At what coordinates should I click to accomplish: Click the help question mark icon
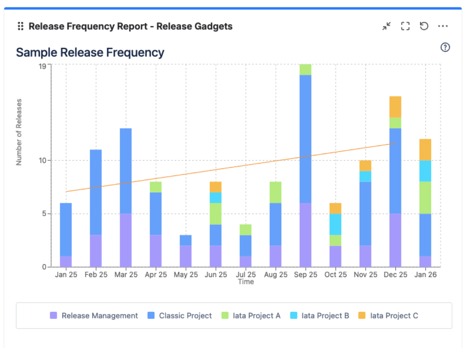click(445, 47)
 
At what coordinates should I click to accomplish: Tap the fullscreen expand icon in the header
click(405, 26)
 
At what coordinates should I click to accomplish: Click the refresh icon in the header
click(424, 26)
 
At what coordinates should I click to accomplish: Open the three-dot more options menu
click(443, 26)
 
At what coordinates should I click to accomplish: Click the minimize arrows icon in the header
click(387, 26)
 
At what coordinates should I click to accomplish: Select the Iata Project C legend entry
click(388, 316)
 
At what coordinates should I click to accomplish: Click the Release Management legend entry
click(94, 316)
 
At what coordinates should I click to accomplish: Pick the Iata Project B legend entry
click(319, 316)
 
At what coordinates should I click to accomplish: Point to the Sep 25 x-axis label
click(305, 275)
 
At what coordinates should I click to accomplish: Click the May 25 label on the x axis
click(186, 275)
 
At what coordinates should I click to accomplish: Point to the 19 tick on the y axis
click(42, 66)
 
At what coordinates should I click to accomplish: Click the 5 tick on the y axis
click(44, 214)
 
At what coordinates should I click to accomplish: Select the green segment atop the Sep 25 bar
click(305, 69)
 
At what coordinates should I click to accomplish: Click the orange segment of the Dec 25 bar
click(395, 107)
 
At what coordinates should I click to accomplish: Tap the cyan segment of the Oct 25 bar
click(335, 224)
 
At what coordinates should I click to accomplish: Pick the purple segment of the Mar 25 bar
click(126, 240)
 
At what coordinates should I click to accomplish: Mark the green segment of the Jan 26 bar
click(425, 198)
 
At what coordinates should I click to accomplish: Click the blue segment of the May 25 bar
click(186, 240)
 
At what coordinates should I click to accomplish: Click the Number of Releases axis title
click(19, 132)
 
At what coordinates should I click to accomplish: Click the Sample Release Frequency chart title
click(90, 53)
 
